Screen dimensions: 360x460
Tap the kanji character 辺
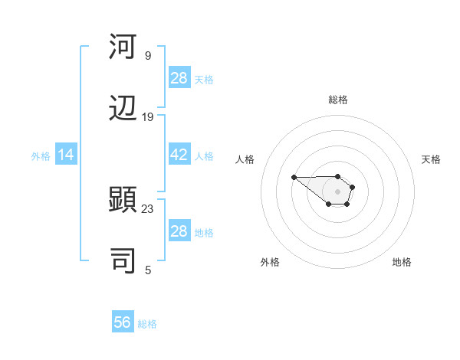(x=123, y=109)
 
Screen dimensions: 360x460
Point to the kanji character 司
(x=123, y=261)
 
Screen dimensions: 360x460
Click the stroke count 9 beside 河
(x=147, y=55)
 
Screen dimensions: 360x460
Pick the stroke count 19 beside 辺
(x=147, y=117)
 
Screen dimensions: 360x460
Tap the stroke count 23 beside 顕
(x=147, y=208)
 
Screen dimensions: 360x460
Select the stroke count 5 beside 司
(x=147, y=270)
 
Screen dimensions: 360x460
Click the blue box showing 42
(x=179, y=155)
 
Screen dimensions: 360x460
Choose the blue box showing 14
(x=66, y=155)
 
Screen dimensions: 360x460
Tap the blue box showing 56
(x=123, y=322)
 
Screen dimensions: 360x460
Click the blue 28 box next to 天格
(x=179, y=78)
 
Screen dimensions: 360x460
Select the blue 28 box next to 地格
(x=179, y=231)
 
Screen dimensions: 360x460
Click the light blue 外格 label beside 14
(x=41, y=155)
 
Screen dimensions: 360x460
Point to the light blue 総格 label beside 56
(x=147, y=323)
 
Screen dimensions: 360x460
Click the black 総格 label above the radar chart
(x=338, y=100)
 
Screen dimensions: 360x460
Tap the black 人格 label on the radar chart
(x=245, y=159)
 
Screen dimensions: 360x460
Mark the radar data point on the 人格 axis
(x=294, y=178)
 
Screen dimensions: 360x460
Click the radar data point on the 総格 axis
(x=338, y=176)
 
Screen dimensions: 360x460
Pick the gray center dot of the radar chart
(x=338, y=191)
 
